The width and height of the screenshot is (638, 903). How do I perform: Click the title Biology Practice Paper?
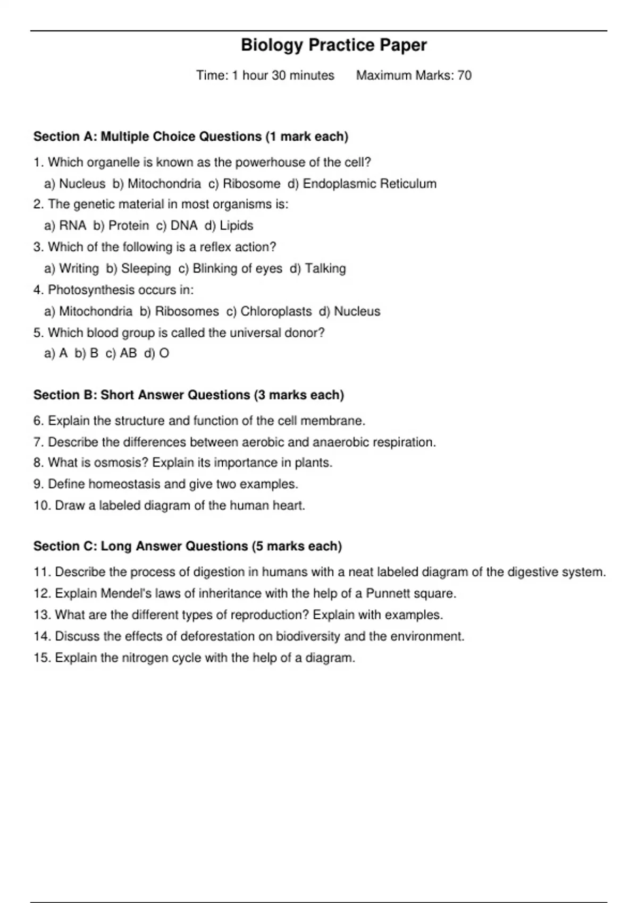pyautogui.click(x=333, y=45)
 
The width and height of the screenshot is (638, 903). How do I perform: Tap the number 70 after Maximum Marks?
pyautogui.click(x=464, y=75)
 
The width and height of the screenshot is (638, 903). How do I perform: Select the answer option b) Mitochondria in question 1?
pyautogui.click(x=157, y=184)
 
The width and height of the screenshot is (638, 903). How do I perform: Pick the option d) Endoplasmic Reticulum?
pyautogui.click(x=362, y=184)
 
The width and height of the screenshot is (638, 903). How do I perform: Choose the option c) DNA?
pyautogui.click(x=177, y=226)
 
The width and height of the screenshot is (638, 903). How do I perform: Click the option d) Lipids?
pyautogui.click(x=229, y=226)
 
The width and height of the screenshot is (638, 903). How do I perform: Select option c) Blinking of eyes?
pyautogui.click(x=230, y=269)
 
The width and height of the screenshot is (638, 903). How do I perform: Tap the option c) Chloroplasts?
pyautogui.click(x=269, y=311)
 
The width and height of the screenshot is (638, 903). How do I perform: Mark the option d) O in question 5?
pyautogui.click(x=156, y=353)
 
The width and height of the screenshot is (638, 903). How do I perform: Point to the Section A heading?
pyautogui.click(x=191, y=137)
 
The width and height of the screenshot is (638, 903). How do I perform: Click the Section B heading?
pyautogui.click(x=189, y=395)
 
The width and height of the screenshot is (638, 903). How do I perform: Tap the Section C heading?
pyautogui.click(x=188, y=546)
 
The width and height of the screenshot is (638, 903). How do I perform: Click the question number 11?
pyautogui.click(x=41, y=572)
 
